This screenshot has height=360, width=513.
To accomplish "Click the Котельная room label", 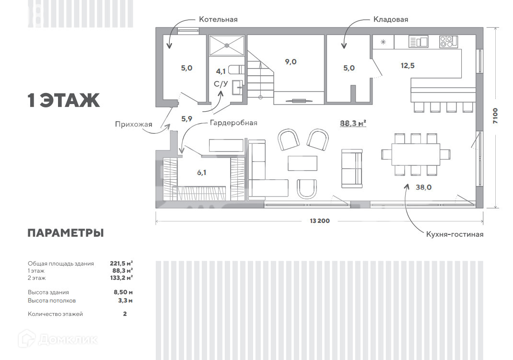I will click(218, 20).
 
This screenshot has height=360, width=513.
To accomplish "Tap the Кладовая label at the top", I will click(391, 20).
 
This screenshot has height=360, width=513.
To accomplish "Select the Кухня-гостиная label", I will click(455, 234).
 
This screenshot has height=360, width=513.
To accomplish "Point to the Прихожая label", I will click(133, 125).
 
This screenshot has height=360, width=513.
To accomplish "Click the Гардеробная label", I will click(233, 123).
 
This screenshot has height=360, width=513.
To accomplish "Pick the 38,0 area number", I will click(423, 187).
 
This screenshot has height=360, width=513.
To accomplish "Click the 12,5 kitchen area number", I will click(408, 66).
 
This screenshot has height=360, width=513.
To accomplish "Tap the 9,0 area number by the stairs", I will click(291, 61).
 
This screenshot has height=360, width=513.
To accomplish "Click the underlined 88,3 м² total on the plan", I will click(353, 123).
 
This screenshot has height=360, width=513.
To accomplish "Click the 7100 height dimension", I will click(495, 117).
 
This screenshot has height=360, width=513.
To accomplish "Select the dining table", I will click(416, 154).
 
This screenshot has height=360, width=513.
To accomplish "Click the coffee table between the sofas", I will click(303, 163).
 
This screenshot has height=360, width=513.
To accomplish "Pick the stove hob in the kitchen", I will click(449, 42).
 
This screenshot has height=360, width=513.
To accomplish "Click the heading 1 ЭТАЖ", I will click(64, 101).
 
